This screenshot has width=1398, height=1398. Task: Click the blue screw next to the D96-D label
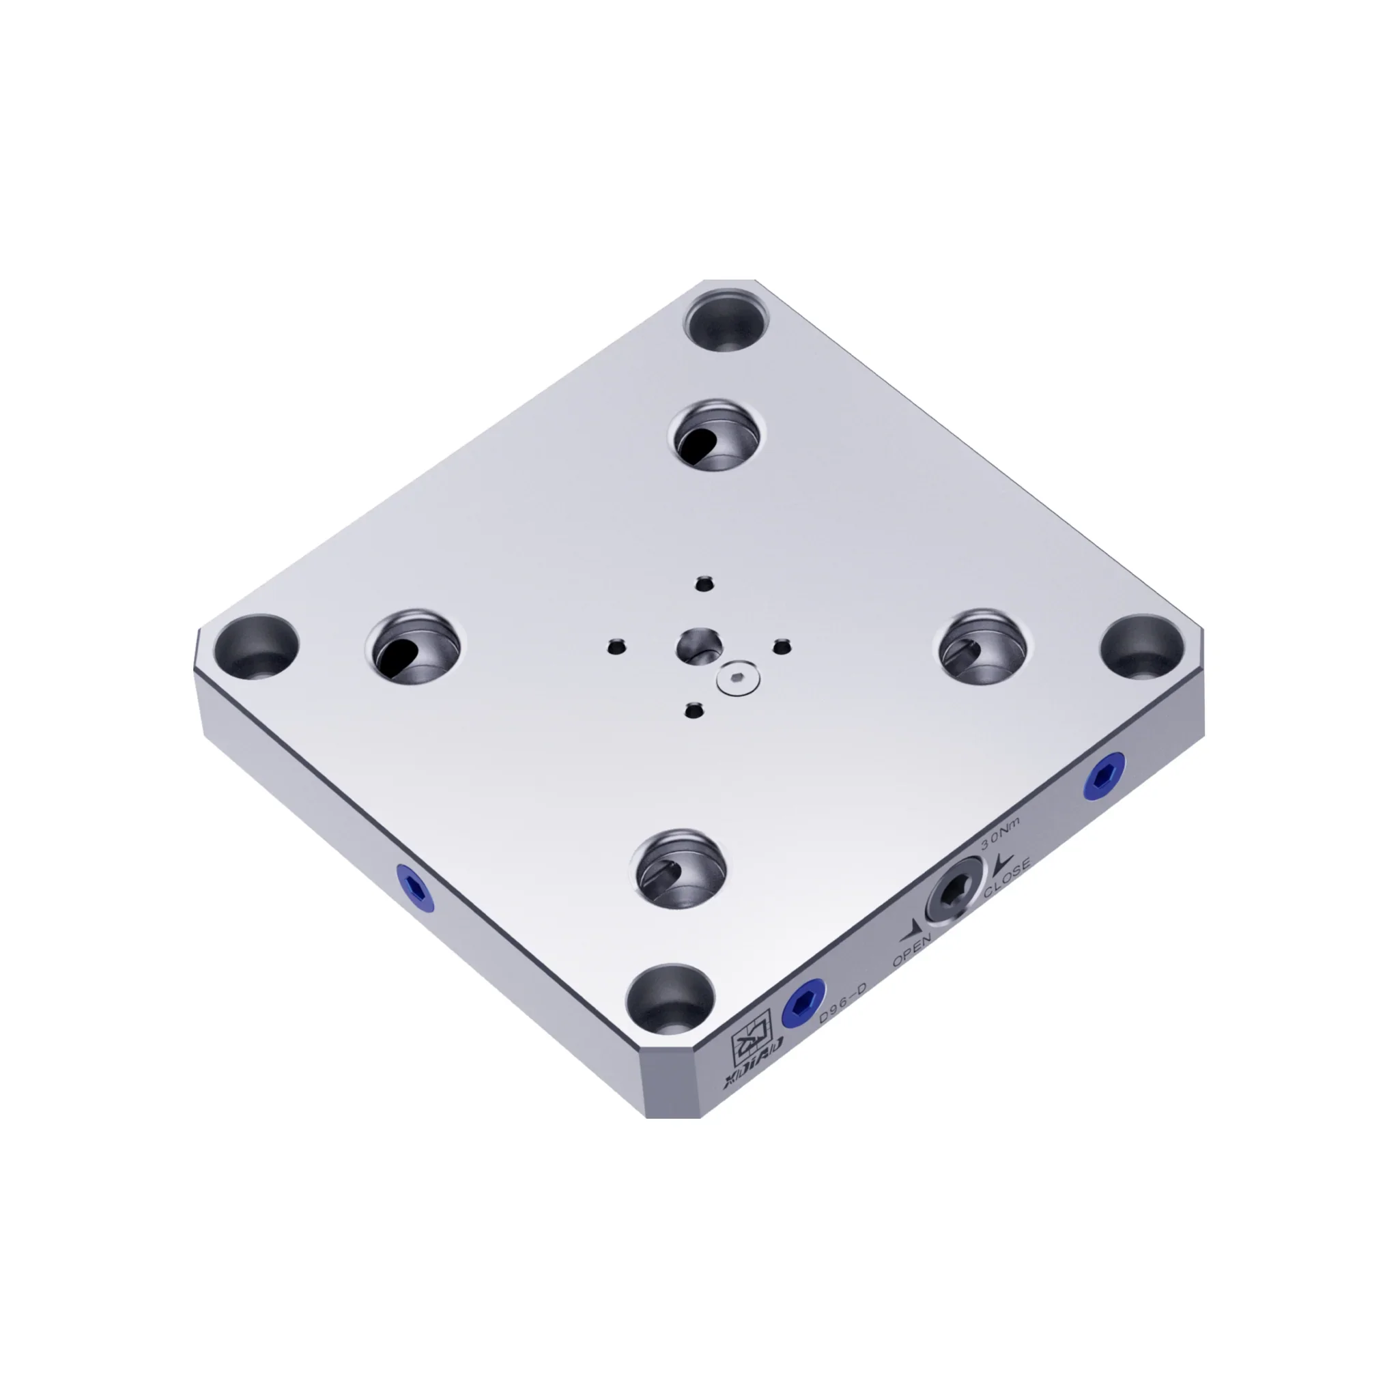click(x=804, y=1003)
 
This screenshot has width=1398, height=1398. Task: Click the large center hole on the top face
click(x=699, y=643)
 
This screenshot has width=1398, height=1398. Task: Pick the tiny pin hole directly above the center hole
click(x=704, y=582)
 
